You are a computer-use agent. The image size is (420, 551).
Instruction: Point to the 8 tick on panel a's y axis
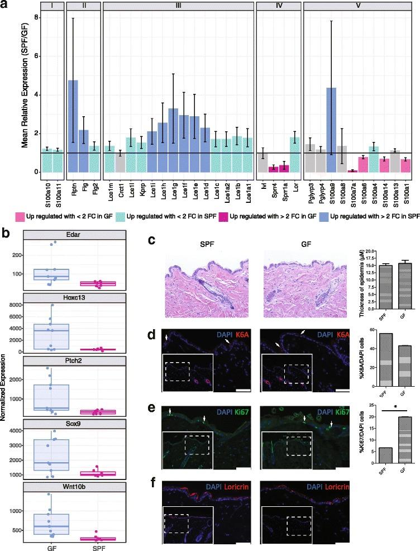pos(36,17)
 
